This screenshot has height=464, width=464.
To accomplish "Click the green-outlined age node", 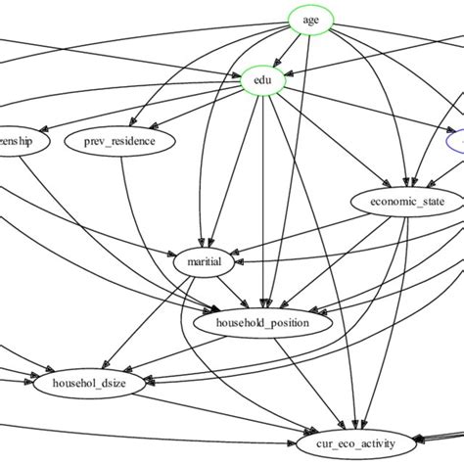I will pos(311,20).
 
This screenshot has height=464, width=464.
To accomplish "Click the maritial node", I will pos(204,262).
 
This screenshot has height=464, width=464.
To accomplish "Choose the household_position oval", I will pos(265,322).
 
